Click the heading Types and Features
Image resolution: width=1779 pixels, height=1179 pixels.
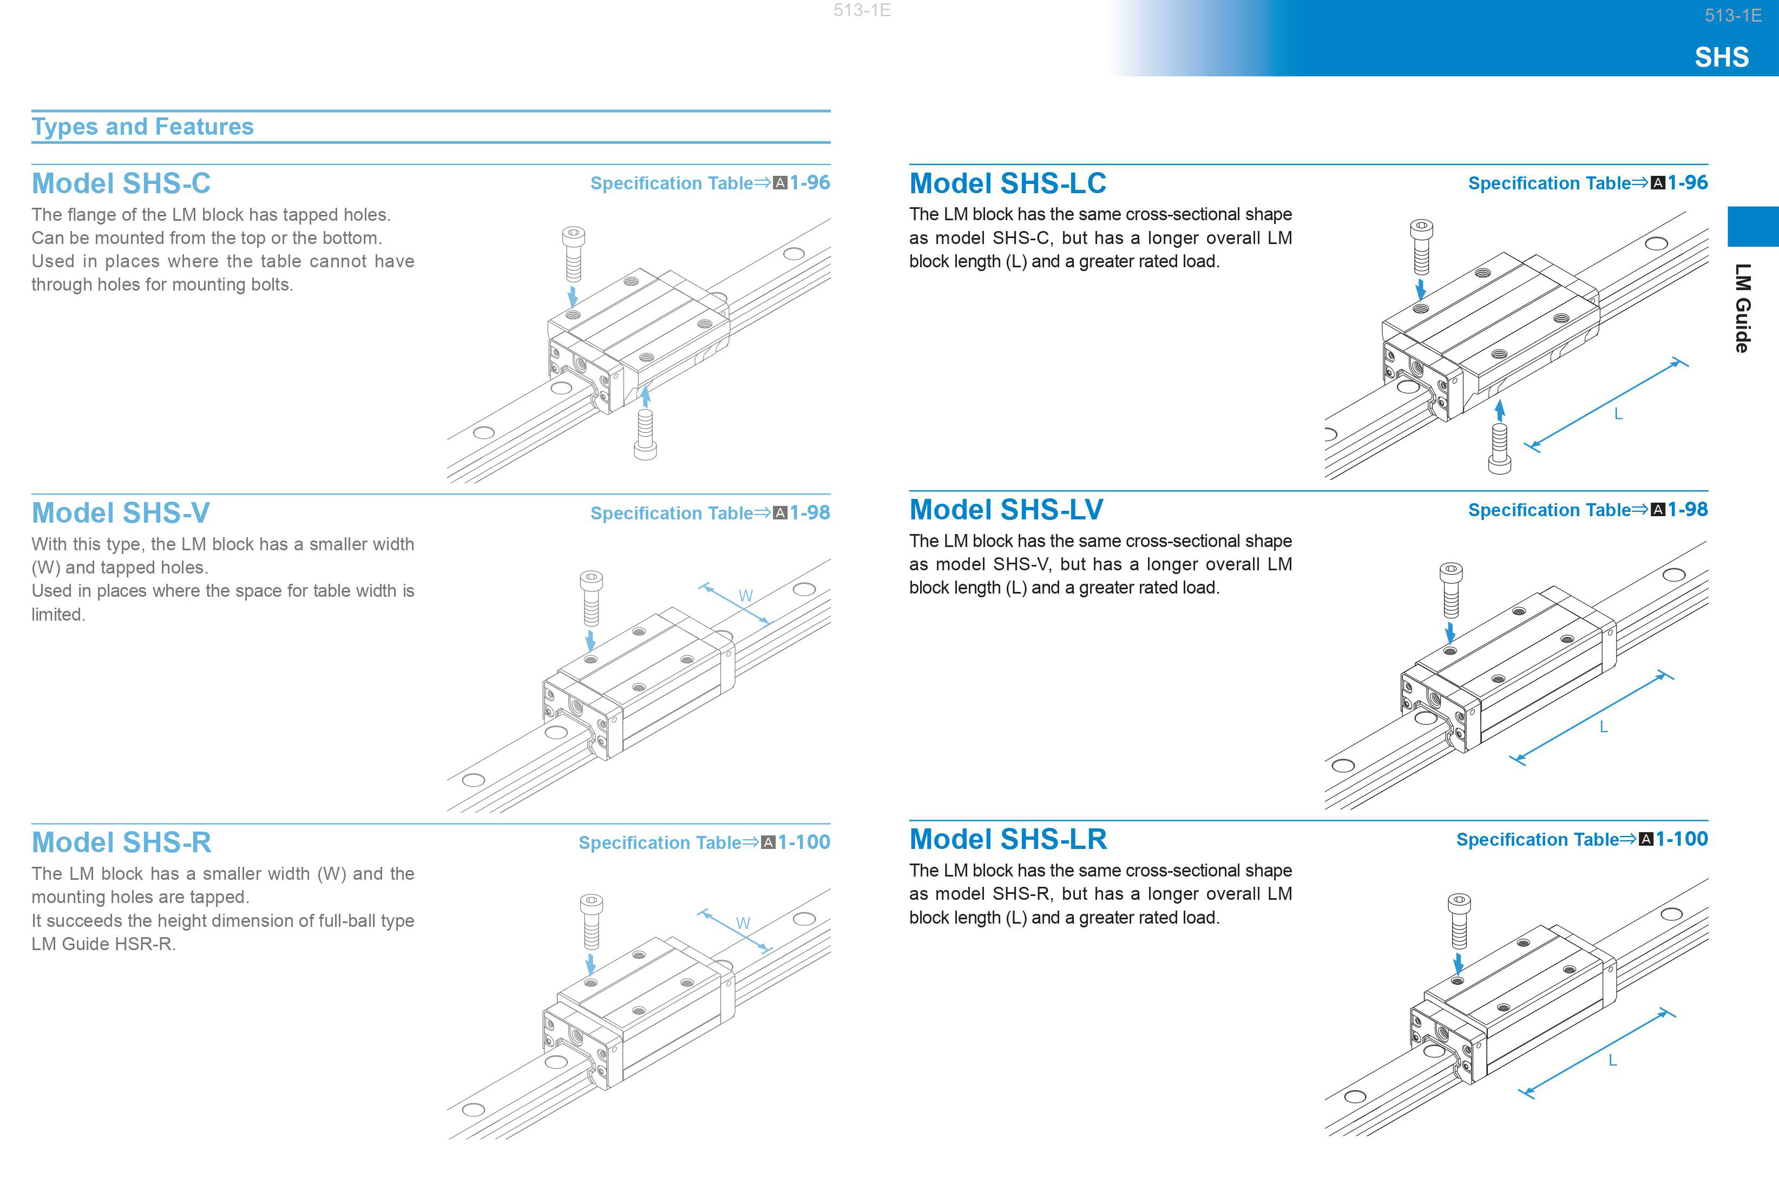pos(143,126)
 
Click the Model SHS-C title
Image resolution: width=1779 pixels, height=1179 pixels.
pos(121,183)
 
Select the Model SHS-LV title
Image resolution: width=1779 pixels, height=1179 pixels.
pos(1006,510)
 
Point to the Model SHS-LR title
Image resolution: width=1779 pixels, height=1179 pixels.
pos(1008,839)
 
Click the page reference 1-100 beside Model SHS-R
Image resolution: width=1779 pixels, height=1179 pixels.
pos(804,842)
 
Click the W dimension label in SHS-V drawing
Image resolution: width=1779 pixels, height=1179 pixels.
pos(745,596)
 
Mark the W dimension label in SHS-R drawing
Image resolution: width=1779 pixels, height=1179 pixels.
pos(743,924)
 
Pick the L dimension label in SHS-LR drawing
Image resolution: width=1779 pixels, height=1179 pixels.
pos(1612,1060)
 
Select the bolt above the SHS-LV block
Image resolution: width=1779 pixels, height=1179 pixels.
pos(1451,590)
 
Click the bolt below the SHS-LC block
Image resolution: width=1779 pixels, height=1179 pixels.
pos(1499,449)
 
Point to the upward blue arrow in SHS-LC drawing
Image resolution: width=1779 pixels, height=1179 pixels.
pos(1500,410)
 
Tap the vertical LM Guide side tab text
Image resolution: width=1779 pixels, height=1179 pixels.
pos(1743,308)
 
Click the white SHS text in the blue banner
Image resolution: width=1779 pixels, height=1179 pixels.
pos(1721,57)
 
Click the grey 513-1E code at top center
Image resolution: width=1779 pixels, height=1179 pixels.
pos(862,10)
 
